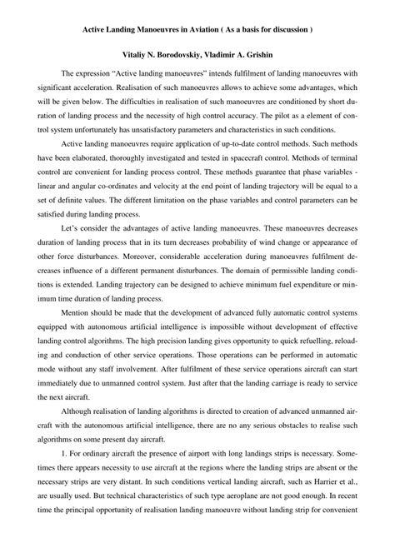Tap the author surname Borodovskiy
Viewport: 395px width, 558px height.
pyautogui.click(x=183, y=52)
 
